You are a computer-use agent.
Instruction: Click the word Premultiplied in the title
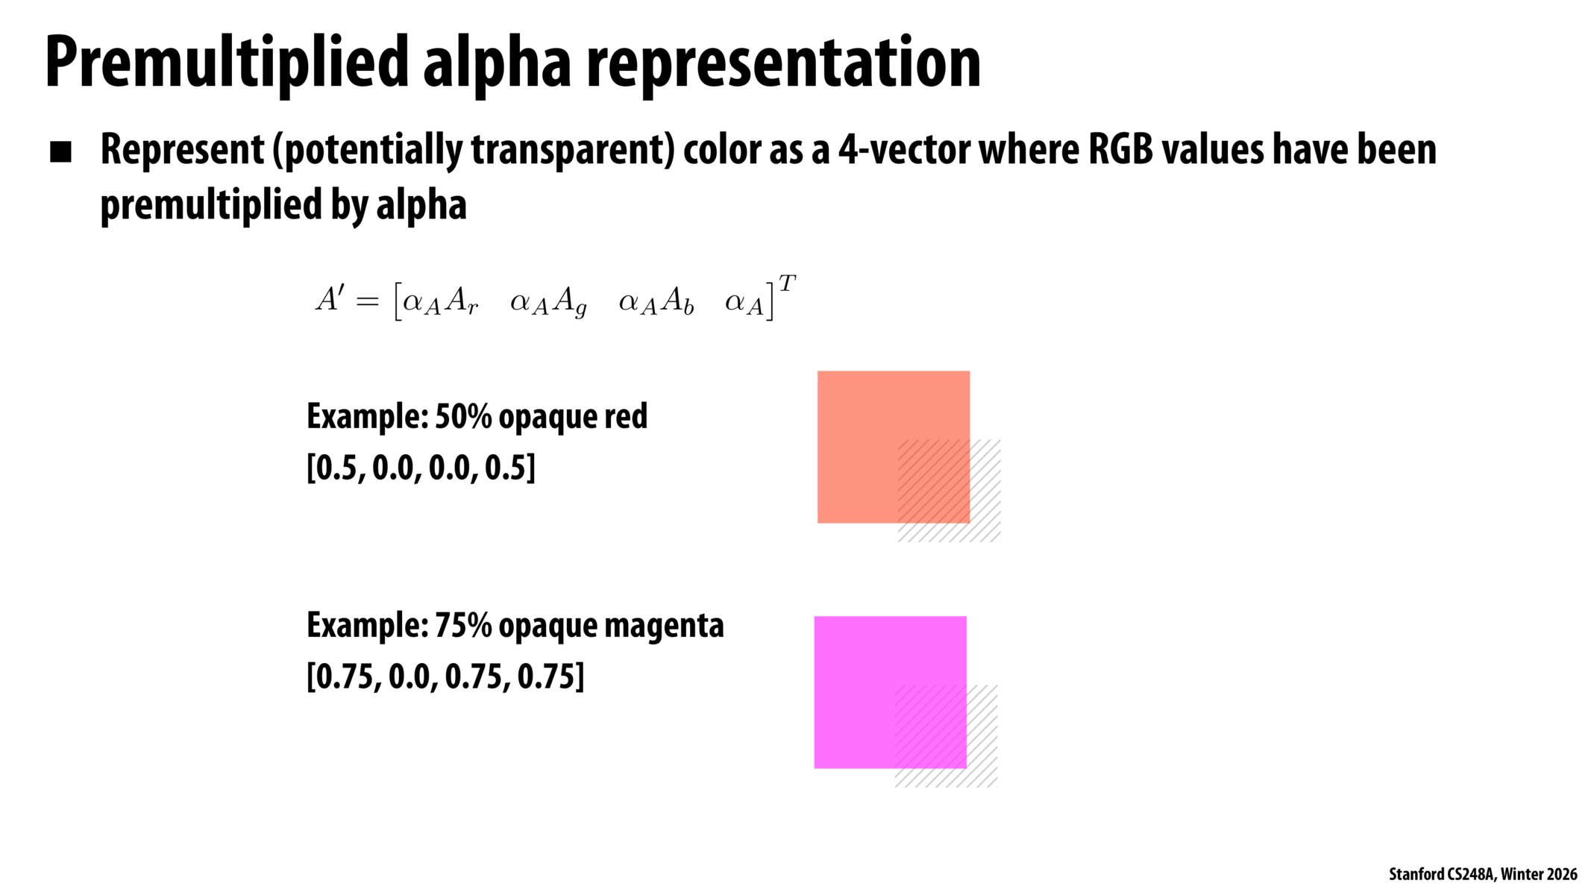click(227, 63)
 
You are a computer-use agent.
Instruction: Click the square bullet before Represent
click(60, 152)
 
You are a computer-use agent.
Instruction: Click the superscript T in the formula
click(787, 283)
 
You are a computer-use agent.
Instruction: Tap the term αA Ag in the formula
click(548, 303)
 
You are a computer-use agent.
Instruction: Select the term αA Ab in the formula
click(656, 302)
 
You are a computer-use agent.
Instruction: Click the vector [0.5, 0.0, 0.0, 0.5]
click(421, 468)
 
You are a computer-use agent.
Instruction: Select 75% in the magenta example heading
click(462, 625)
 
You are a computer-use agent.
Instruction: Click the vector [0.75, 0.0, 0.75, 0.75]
click(445, 677)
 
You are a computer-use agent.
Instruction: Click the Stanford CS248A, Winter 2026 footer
click(1483, 874)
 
